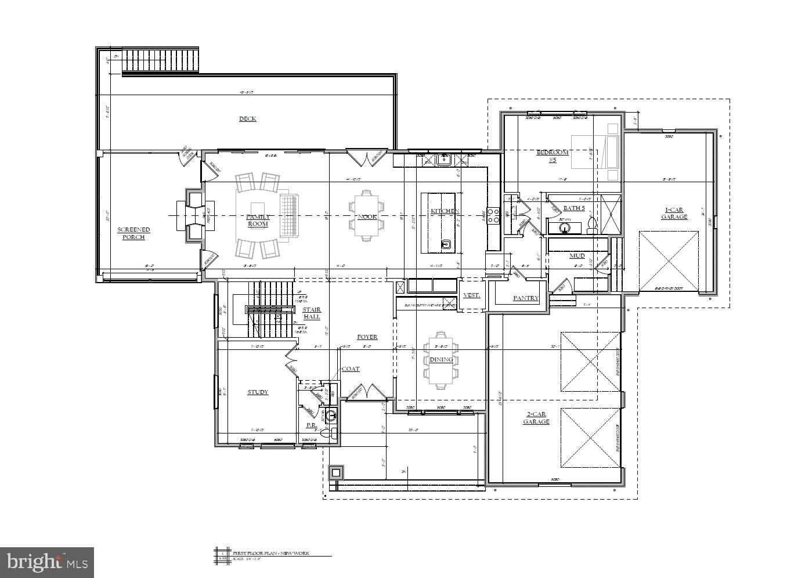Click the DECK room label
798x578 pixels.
click(x=248, y=119)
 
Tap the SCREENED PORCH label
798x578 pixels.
click(x=133, y=233)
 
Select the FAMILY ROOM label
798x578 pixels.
click(x=258, y=220)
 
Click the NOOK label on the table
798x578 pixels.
click(x=367, y=216)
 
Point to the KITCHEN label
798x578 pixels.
click(x=445, y=211)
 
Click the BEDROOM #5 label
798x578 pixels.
click(x=553, y=156)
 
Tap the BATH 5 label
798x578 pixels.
click(x=574, y=208)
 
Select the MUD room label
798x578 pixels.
click(x=576, y=255)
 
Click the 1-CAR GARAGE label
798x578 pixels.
click(x=674, y=214)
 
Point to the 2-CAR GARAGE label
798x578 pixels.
click(x=536, y=418)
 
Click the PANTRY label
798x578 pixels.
click(x=526, y=298)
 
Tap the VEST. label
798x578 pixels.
click(x=471, y=295)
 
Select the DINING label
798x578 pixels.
click(x=441, y=359)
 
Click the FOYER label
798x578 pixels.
click(x=367, y=337)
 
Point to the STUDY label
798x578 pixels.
click(x=258, y=392)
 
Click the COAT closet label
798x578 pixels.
click(x=351, y=369)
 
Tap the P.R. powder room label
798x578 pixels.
click(x=311, y=425)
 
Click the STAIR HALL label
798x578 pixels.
click(x=312, y=313)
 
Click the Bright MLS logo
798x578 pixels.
click(x=47, y=562)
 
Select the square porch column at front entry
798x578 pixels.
click(x=335, y=473)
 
